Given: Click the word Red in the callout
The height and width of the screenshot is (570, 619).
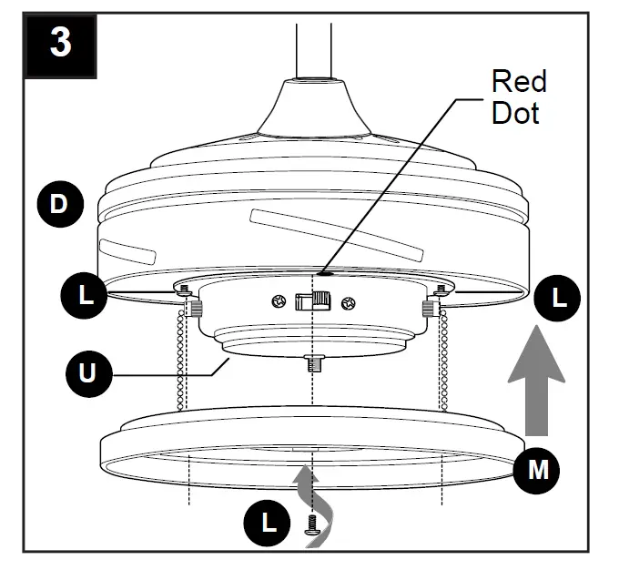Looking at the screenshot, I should [x=518, y=82].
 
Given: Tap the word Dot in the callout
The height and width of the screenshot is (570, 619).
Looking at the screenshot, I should [x=515, y=113].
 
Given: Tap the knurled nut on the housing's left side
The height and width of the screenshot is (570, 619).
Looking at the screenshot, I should [x=194, y=310].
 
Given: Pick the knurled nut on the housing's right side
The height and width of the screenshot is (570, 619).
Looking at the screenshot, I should [x=427, y=310].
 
